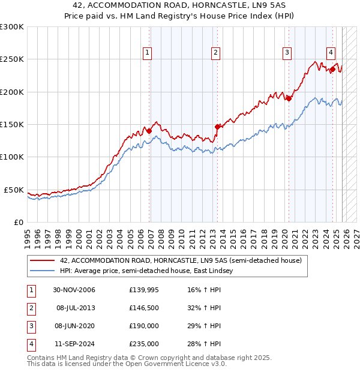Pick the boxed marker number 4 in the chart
tap(331, 53)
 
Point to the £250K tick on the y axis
tap(12, 59)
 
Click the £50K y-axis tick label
tap(14, 190)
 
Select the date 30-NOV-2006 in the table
tap(74, 290)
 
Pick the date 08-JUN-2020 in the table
tap(74, 326)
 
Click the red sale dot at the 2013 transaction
tap(217, 127)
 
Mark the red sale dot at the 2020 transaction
tap(289, 98)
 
